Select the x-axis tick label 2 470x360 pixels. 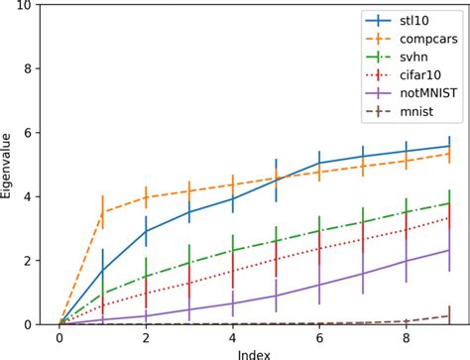click(x=146, y=339)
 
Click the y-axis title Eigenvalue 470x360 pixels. click(x=9, y=165)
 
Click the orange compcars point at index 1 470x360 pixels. click(x=103, y=212)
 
